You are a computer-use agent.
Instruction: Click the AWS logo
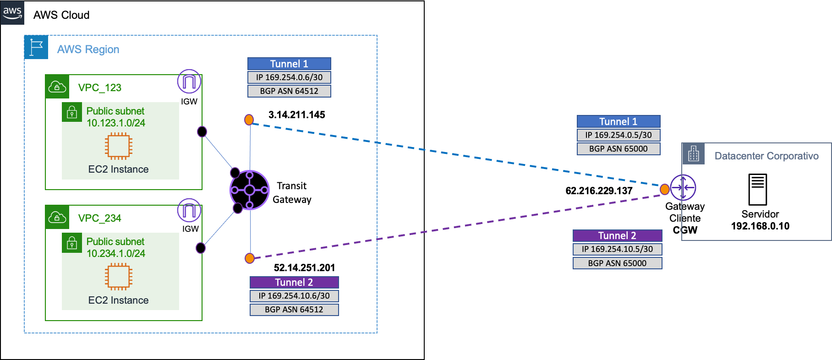(x=12, y=12)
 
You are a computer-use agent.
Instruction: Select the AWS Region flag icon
(x=36, y=47)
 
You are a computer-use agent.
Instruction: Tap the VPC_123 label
(x=99, y=87)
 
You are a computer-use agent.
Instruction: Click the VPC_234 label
(x=99, y=218)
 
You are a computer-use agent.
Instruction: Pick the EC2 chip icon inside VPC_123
(x=119, y=146)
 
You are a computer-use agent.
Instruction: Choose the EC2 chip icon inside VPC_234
(x=119, y=276)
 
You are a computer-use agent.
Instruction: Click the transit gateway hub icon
(x=249, y=190)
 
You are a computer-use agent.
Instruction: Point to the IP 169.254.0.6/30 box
(x=289, y=77)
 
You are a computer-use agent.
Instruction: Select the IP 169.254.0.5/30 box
(x=619, y=135)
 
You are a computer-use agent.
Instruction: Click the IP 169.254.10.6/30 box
(x=294, y=296)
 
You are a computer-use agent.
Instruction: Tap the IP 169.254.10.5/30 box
(x=617, y=249)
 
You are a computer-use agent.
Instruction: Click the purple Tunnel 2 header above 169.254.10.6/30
(x=294, y=282)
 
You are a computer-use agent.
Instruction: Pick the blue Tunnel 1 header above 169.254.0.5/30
(x=619, y=121)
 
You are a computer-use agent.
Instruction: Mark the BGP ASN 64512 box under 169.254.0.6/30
(x=289, y=91)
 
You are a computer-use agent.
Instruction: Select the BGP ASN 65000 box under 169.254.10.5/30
(x=617, y=263)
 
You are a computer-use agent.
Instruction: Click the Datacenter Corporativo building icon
(x=694, y=154)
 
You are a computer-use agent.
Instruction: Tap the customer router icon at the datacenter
(x=683, y=188)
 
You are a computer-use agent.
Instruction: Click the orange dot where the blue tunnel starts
(x=249, y=120)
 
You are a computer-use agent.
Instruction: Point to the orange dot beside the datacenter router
(x=664, y=189)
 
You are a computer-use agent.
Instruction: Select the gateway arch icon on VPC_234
(x=189, y=210)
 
